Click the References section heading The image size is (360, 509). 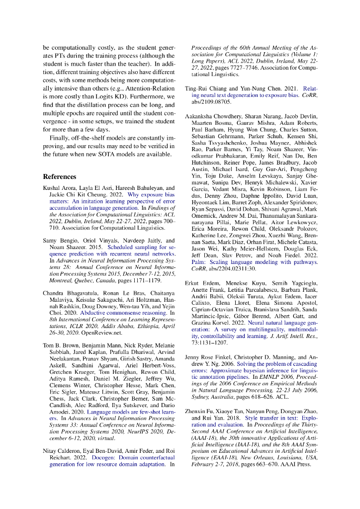(60, 176)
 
